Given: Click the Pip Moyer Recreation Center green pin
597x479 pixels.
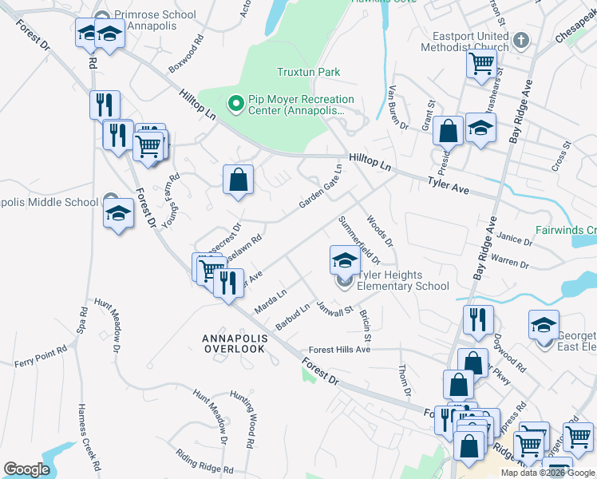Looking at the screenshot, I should (x=235, y=103).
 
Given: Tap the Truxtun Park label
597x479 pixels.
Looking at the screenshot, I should (x=308, y=72).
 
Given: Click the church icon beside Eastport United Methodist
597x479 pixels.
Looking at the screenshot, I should (x=520, y=39).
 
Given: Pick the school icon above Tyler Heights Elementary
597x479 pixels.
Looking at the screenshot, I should (x=344, y=259).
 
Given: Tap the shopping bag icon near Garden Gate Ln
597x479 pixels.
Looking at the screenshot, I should (x=239, y=180).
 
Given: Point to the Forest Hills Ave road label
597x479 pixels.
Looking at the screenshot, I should (x=340, y=350).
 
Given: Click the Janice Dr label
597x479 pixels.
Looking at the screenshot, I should (x=515, y=239).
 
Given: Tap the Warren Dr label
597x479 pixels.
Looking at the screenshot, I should (x=510, y=261).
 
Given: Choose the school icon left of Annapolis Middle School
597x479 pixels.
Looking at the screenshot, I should (x=118, y=213).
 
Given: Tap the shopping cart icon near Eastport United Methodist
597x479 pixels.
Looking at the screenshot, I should (x=481, y=62).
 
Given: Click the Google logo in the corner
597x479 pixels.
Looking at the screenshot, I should (x=26, y=469).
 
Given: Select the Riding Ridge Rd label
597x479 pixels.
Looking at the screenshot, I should (x=205, y=464).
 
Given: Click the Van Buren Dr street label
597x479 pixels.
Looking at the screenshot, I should (x=398, y=109).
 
